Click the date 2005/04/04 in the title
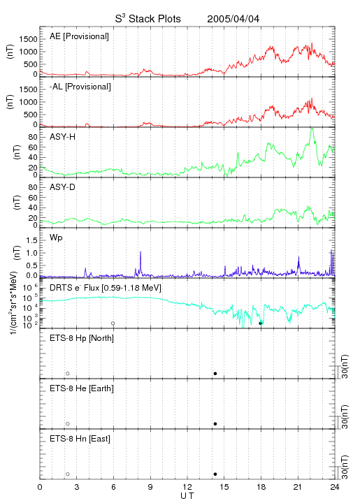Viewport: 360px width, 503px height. click(233, 19)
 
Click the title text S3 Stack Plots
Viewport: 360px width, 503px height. click(148, 19)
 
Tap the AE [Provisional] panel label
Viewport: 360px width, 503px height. click(79, 36)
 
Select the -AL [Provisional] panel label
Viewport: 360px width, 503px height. click(80, 87)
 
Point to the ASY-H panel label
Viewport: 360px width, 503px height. click(63, 137)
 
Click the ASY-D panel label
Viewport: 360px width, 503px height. click(63, 187)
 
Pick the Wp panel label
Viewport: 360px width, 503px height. click(56, 238)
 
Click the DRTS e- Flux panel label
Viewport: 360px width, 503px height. click(106, 288)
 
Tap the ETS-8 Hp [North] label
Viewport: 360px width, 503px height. click(82, 338)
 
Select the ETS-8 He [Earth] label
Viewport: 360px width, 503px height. click(82, 388)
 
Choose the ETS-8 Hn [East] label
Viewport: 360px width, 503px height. click(80, 439)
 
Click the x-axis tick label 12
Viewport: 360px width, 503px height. click(187, 487)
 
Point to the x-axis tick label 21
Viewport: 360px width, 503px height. click(298, 487)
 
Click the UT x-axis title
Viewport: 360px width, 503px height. click(187, 496)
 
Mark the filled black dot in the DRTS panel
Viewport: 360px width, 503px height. click(261, 323)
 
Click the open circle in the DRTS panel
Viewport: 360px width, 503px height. click(113, 323)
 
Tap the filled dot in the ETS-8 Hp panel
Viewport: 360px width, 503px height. click(215, 373)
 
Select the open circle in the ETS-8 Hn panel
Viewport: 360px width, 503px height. click(68, 474)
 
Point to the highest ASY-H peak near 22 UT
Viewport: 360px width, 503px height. click(312, 129)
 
